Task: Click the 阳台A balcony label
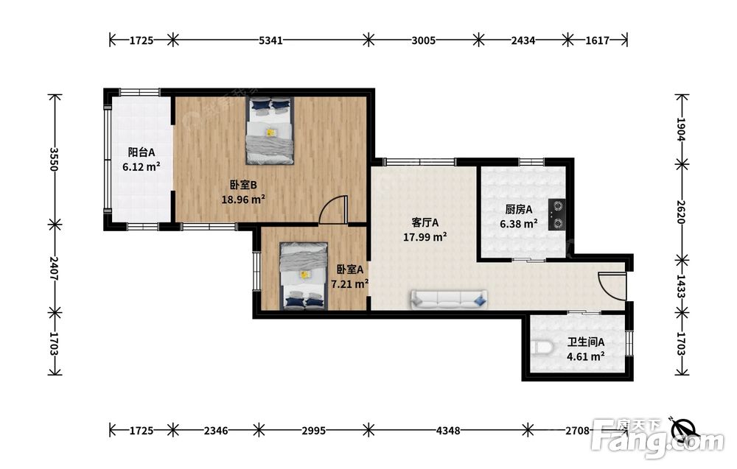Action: point(142,152)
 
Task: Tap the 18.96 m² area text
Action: point(243,199)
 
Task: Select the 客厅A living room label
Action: point(425,222)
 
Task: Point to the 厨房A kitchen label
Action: point(519,209)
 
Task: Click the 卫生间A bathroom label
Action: point(586,342)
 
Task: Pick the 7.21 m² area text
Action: point(349,284)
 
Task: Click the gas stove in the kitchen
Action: point(557,214)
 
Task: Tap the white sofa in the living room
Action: point(449,299)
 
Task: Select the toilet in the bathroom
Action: point(543,348)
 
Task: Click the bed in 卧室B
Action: point(270,130)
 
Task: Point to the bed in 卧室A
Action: point(304,275)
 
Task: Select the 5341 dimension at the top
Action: point(270,40)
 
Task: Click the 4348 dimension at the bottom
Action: point(448,430)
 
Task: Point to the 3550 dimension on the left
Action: point(55,159)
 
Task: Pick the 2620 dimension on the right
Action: point(682,212)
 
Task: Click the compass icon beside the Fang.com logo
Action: point(684,429)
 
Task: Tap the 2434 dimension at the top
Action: point(523,40)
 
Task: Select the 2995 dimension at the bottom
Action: point(313,430)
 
